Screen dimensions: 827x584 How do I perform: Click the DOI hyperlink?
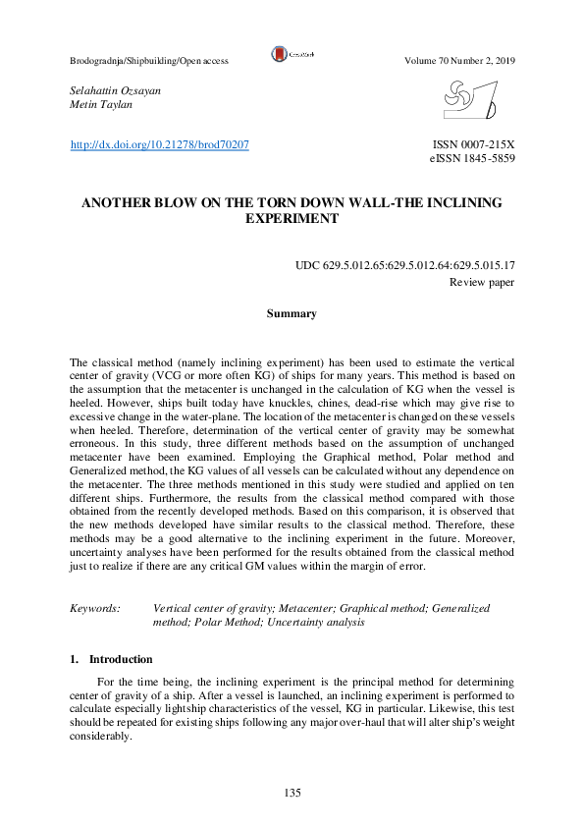point(159,145)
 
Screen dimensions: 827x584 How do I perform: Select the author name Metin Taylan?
point(96,104)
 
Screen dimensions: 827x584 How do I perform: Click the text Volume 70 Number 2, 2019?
point(459,61)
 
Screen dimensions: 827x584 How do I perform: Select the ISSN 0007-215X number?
point(473,145)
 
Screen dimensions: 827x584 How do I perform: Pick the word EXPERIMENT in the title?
point(292,219)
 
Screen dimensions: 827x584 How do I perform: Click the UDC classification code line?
point(405,266)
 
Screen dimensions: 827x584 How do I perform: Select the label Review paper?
point(482,282)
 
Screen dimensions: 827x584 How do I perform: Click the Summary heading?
point(292,314)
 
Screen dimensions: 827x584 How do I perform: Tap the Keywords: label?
point(95,609)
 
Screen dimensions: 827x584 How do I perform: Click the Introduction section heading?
point(120,659)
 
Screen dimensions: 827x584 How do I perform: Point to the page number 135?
point(292,793)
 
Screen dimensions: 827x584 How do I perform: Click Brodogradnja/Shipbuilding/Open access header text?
point(149,61)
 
